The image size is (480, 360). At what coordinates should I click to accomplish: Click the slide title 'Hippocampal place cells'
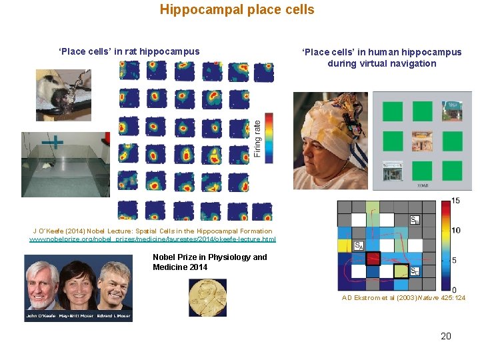pos(237,10)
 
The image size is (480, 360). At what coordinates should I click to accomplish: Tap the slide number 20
pos(446,336)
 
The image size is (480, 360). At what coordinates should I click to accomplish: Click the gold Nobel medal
pos(207,297)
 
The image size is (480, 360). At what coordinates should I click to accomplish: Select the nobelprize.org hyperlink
pos(152,239)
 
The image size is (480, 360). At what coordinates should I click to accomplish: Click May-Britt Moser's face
pos(79,283)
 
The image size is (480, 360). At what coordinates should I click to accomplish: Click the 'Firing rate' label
pos(257,138)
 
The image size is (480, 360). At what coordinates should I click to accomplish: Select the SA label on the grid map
pos(358,245)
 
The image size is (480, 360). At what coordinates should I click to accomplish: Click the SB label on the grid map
pos(415,219)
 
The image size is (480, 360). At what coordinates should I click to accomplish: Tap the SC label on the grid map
pos(414,271)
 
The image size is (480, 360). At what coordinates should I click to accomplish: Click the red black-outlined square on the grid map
pos(373,258)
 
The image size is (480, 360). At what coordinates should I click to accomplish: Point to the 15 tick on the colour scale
pos(455,201)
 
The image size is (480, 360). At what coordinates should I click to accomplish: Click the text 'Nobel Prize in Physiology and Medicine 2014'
pos(209,262)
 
